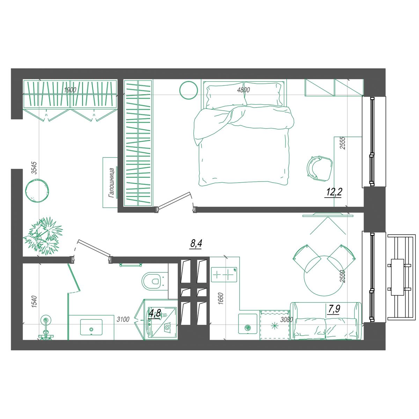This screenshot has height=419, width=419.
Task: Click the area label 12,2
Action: tap(333, 192)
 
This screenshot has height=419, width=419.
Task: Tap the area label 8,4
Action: tap(196, 243)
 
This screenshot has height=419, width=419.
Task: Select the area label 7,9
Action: tap(334, 309)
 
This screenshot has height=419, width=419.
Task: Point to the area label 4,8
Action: tap(155, 314)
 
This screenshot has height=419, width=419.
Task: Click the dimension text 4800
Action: tap(243, 90)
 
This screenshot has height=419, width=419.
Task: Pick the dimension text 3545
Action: tap(35, 168)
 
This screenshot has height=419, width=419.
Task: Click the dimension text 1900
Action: tap(70, 90)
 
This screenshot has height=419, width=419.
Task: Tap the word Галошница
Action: tap(112, 183)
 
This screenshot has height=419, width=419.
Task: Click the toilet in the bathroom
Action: tap(153, 281)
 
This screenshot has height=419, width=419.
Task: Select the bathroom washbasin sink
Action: tap(91, 327)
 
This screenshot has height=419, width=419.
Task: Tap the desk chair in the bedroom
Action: tap(319, 168)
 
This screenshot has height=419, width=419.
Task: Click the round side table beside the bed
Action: tap(189, 90)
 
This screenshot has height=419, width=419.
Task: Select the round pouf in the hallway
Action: tap(37, 191)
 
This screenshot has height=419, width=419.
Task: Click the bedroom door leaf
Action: tap(174, 200)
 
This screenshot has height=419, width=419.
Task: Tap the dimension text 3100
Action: tap(123, 319)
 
